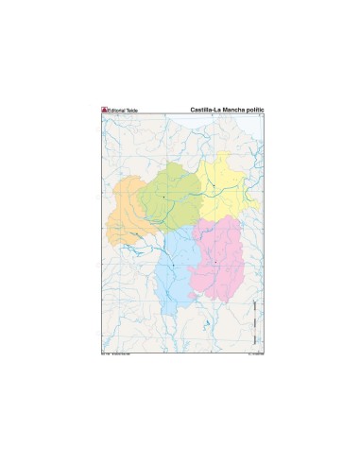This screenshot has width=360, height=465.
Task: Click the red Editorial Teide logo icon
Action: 105,110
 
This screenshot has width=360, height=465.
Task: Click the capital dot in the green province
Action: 163,197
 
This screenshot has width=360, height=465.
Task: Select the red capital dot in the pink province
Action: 215,262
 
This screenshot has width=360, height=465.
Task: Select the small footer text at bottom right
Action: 250,355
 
